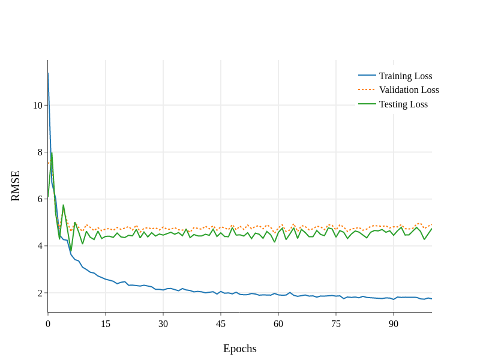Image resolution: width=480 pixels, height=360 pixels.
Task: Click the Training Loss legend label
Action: point(406,76)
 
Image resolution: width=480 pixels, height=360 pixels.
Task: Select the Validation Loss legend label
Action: point(409,90)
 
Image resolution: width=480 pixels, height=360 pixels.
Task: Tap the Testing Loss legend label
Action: point(403,104)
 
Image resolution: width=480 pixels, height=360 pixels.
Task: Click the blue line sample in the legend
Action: point(367,76)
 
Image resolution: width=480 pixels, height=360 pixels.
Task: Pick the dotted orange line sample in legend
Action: point(367,90)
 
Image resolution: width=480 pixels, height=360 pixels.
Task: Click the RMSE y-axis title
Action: point(16,186)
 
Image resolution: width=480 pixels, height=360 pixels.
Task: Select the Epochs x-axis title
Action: point(240,349)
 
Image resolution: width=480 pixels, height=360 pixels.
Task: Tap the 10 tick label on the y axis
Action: point(38,106)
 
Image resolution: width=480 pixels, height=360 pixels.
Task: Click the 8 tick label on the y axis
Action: point(40,152)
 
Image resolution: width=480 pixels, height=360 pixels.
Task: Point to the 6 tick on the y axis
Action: point(40,199)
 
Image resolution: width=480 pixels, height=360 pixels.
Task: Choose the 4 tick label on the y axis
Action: point(40,246)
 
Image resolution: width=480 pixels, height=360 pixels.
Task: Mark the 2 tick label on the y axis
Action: point(40,293)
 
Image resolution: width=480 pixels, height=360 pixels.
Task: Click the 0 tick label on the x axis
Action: point(48,324)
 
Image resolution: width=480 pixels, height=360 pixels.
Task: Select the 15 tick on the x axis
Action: point(106,324)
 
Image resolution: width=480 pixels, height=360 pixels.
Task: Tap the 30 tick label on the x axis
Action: point(163,324)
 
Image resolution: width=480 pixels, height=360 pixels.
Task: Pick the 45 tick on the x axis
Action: point(221,324)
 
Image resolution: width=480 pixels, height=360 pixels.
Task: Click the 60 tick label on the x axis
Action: point(278,324)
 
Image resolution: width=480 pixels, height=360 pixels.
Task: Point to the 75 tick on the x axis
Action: point(336,324)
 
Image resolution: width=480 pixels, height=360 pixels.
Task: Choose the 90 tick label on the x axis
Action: point(394,324)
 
